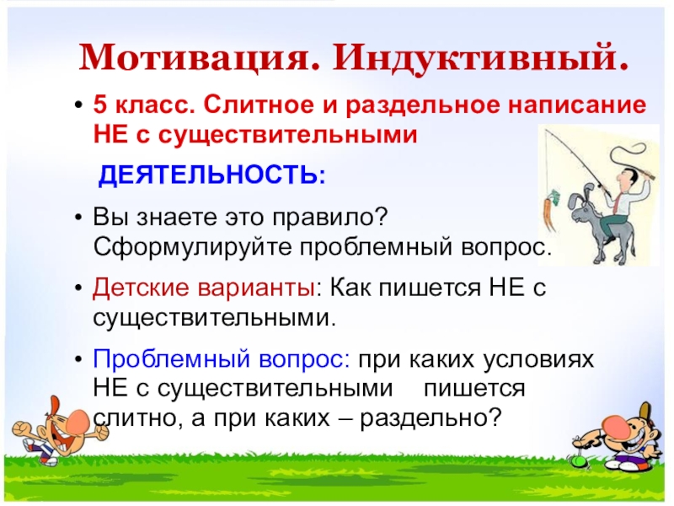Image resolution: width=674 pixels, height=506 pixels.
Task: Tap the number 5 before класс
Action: tap(99, 106)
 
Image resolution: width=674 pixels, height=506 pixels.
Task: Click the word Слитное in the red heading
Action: tap(250, 106)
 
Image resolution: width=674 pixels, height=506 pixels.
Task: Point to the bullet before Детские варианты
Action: tap(78, 288)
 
